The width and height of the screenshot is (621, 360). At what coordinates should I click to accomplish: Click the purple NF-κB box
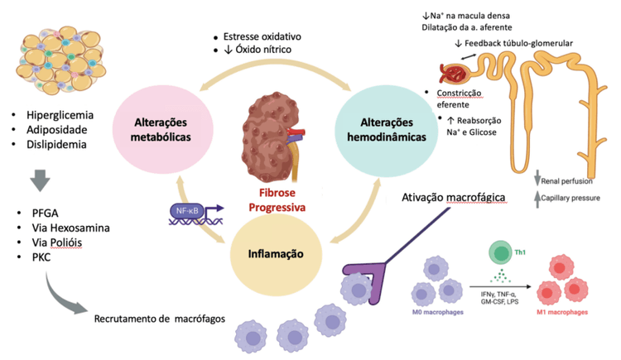[x=185, y=212]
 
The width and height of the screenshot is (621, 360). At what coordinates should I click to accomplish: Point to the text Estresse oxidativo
[x=261, y=36]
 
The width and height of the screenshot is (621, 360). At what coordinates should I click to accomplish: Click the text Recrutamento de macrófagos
[x=160, y=318]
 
